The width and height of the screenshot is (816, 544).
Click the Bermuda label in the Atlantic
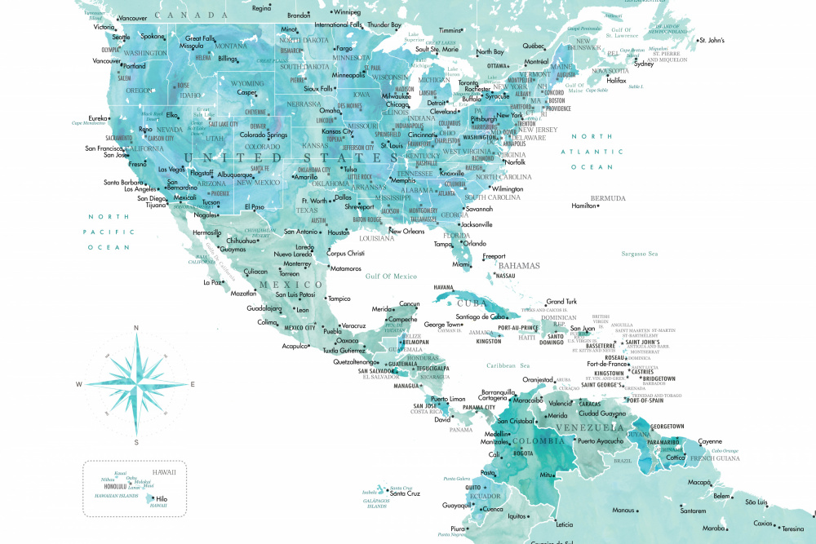coord(608,198)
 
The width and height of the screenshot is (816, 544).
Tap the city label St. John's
coord(713,40)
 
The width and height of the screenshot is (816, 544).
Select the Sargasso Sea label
coord(639,254)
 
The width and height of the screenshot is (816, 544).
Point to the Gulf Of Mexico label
coord(391,276)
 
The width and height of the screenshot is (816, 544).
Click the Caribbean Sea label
coord(508,365)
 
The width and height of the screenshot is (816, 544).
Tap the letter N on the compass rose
coord(135,328)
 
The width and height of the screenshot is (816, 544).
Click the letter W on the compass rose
coord(79,384)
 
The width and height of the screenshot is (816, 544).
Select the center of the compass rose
coord(135,383)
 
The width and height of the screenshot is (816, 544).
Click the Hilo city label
coord(162,499)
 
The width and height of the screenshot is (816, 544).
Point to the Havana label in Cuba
coord(443,288)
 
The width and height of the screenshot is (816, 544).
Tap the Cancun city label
coord(409,304)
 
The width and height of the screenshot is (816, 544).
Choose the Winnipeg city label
coord(347,12)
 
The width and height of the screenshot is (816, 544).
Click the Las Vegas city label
coord(171,170)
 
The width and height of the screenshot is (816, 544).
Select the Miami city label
coord(462,264)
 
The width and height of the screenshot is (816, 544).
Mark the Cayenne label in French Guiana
coord(711,441)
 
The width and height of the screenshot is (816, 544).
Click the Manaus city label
coord(623,511)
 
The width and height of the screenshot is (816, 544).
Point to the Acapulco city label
coord(295,346)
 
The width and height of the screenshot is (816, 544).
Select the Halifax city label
coord(616,81)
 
